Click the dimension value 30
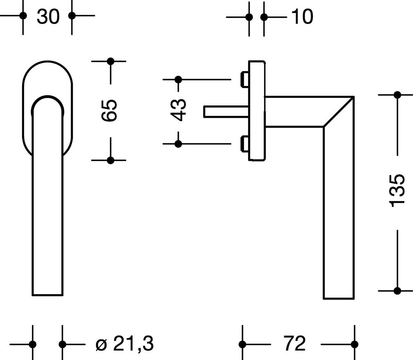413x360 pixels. coord(48,17)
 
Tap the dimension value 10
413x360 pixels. coord(302,17)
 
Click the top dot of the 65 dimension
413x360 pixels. coord(110,62)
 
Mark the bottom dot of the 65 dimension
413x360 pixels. coord(110,160)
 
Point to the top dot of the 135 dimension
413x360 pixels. coord(397,95)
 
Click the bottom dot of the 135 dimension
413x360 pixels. coord(397,291)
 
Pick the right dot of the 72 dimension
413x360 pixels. coord(354,344)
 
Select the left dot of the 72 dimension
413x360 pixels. coord(242,344)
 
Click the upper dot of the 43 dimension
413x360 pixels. coord(178,79)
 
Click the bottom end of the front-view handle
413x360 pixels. coord(48,294)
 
